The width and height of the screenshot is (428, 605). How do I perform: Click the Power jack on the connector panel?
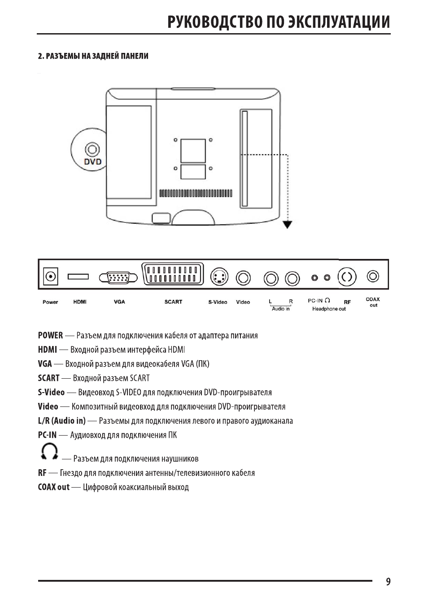pos(51,277)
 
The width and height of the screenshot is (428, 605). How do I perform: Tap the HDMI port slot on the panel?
pos(78,277)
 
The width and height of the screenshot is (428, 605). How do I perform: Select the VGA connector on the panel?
pos(118,278)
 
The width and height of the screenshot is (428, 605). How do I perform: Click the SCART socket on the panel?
pos(172,274)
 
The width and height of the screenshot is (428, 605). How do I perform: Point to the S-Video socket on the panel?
pos(219,277)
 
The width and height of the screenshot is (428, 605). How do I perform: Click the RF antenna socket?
pos(347,277)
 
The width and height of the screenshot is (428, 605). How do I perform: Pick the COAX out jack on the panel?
pos(373,277)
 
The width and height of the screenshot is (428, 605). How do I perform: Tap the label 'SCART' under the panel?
pos(173,302)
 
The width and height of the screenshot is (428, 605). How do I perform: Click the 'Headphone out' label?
pos(329,309)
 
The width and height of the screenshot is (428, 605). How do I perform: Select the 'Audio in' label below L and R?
pos(281,309)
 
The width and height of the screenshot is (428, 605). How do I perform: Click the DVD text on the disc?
pos(93,162)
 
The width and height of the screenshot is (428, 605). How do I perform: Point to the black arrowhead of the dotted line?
pos(287,225)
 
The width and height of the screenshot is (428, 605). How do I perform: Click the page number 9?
pos(388,581)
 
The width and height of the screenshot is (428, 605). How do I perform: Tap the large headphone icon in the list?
pos(49,451)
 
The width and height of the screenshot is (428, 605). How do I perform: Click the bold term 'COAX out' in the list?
pos(54,487)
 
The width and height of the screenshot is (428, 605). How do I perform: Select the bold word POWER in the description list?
pos(50,335)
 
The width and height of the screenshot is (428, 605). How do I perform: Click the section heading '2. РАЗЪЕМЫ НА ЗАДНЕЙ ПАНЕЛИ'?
pos(93,56)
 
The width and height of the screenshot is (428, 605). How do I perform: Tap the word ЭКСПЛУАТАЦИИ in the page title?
pos(339,22)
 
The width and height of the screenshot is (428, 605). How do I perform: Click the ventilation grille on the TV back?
pos(196,194)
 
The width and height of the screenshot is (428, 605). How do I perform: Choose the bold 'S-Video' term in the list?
pos(52,392)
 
